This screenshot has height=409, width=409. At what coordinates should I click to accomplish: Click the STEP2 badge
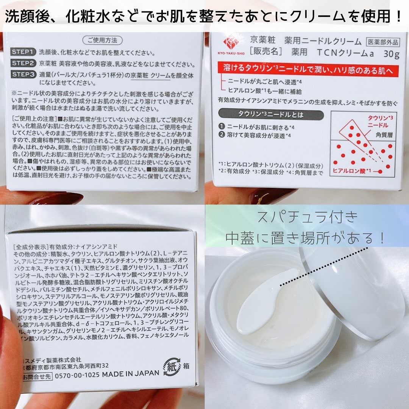click(23, 63)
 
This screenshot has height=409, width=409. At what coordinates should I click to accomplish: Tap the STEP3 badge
click(23, 74)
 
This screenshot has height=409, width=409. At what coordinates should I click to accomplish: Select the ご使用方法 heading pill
click(102, 39)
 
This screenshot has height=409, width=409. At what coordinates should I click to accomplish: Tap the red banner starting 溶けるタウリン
click(309, 69)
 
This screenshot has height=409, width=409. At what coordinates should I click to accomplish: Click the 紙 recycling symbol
click(173, 367)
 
